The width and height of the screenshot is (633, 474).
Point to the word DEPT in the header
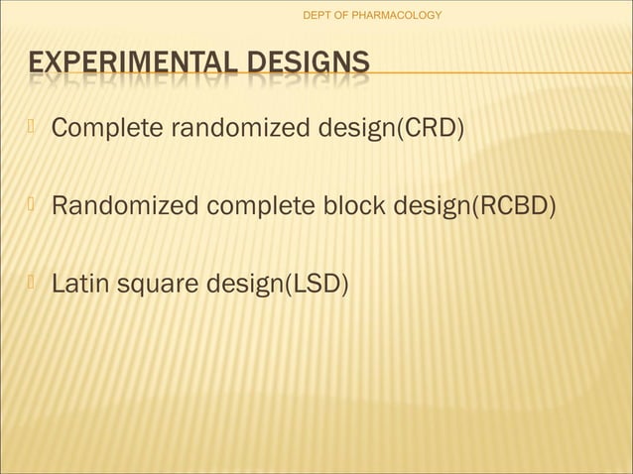tap(317, 15)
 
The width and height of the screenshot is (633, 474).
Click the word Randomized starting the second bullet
tap(125, 207)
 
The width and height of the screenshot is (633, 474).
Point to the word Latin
tap(81, 286)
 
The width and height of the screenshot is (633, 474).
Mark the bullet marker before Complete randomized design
tap(33, 127)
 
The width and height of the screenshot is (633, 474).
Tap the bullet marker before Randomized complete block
tap(33, 205)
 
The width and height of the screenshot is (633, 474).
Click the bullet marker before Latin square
tap(33, 284)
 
